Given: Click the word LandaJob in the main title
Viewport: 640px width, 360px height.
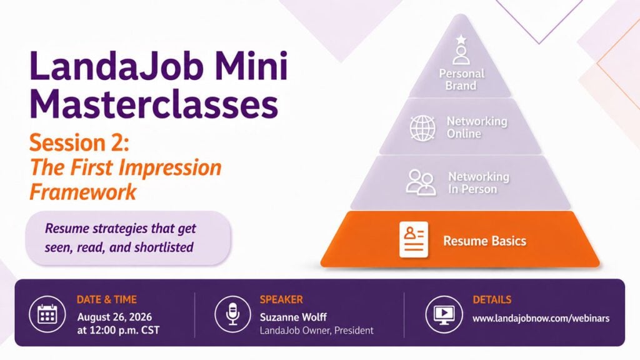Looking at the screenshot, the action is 116,65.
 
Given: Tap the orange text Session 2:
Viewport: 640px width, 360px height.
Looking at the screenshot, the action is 79,143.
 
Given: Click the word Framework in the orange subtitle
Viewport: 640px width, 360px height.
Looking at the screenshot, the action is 83,192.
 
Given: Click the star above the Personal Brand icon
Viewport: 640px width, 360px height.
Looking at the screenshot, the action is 461,39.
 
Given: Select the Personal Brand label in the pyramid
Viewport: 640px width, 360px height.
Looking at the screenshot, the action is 462,79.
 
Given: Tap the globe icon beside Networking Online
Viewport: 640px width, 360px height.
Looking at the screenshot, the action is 422,127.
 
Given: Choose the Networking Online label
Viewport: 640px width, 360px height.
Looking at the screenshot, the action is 477,127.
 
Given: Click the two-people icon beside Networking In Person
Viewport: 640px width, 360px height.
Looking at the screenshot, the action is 420,182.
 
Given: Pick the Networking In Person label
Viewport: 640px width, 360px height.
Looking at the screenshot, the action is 479,183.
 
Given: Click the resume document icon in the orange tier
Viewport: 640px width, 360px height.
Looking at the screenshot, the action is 414,239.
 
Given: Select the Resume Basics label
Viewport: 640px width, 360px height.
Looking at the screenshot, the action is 485,241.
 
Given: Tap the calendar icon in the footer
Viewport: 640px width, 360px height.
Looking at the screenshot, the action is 47,314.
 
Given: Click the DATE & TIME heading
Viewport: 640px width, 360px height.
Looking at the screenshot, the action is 106,299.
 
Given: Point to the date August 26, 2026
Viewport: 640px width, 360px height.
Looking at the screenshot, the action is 115,317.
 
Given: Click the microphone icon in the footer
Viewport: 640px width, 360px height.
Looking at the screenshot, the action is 232,314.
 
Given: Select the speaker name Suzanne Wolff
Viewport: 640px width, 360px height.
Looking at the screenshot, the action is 294,317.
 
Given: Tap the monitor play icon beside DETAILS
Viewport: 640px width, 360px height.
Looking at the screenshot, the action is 444,314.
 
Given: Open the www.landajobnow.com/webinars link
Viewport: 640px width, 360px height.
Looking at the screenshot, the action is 541,318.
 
